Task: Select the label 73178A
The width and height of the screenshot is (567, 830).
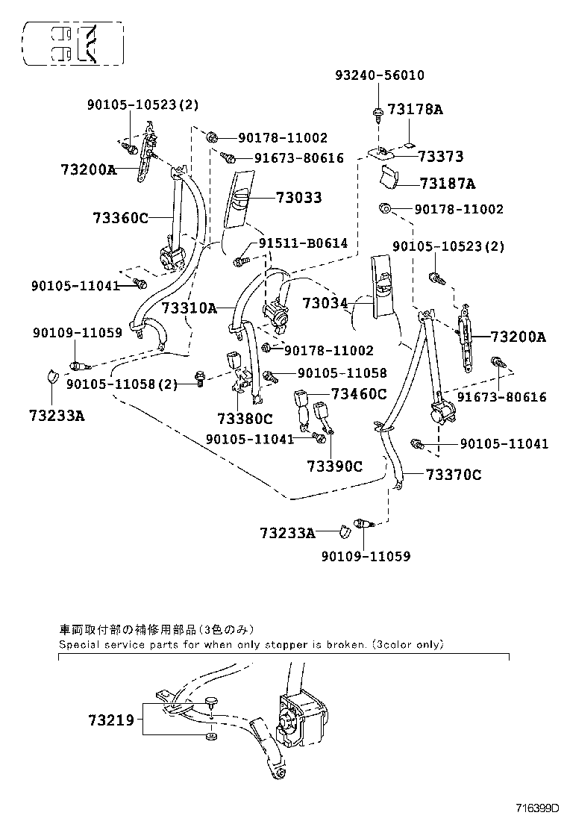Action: click(x=415, y=110)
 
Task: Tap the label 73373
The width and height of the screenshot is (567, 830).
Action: click(x=441, y=157)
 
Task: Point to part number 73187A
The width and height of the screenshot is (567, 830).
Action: click(x=447, y=184)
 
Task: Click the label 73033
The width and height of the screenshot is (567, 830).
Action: click(x=298, y=198)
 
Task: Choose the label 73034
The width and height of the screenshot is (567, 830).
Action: click(x=325, y=302)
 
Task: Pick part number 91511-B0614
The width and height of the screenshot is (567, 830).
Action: click(x=303, y=243)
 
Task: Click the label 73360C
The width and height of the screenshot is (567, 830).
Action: click(x=121, y=217)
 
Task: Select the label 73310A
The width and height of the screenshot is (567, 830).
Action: click(x=189, y=308)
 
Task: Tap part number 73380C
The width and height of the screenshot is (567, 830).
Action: click(x=245, y=419)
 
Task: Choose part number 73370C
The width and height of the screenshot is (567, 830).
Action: click(x=454, y=475)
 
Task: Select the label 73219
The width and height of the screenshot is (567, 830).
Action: click(x=110, y=720)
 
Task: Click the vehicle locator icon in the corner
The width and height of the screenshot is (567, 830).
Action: click(x=72, y=43)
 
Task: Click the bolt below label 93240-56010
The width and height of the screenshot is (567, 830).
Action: click(x=378, y=113)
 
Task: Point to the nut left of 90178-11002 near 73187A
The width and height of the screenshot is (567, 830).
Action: click(x=384, y=208)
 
